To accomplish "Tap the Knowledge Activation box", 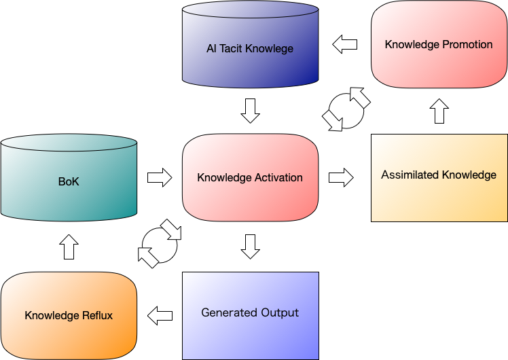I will [250, 177].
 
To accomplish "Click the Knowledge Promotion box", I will [439, 45].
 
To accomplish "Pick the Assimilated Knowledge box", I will [439, 178].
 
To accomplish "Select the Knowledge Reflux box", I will [69, 315].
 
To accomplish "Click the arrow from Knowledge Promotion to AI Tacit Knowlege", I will [345, 45].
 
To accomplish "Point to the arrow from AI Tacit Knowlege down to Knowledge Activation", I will [250, 111].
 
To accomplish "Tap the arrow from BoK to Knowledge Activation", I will [160, 177].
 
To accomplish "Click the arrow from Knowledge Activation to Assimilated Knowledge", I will [341, 177].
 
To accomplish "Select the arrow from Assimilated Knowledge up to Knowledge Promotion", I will [439, 111].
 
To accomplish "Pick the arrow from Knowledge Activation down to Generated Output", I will [250, 247].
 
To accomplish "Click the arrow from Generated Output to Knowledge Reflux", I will [160, 315].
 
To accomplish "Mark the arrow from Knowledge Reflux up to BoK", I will [69, 247].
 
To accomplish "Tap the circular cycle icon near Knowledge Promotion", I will [346, 109].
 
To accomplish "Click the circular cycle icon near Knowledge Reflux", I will [160, 242].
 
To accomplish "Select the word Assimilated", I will [409, 175].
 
